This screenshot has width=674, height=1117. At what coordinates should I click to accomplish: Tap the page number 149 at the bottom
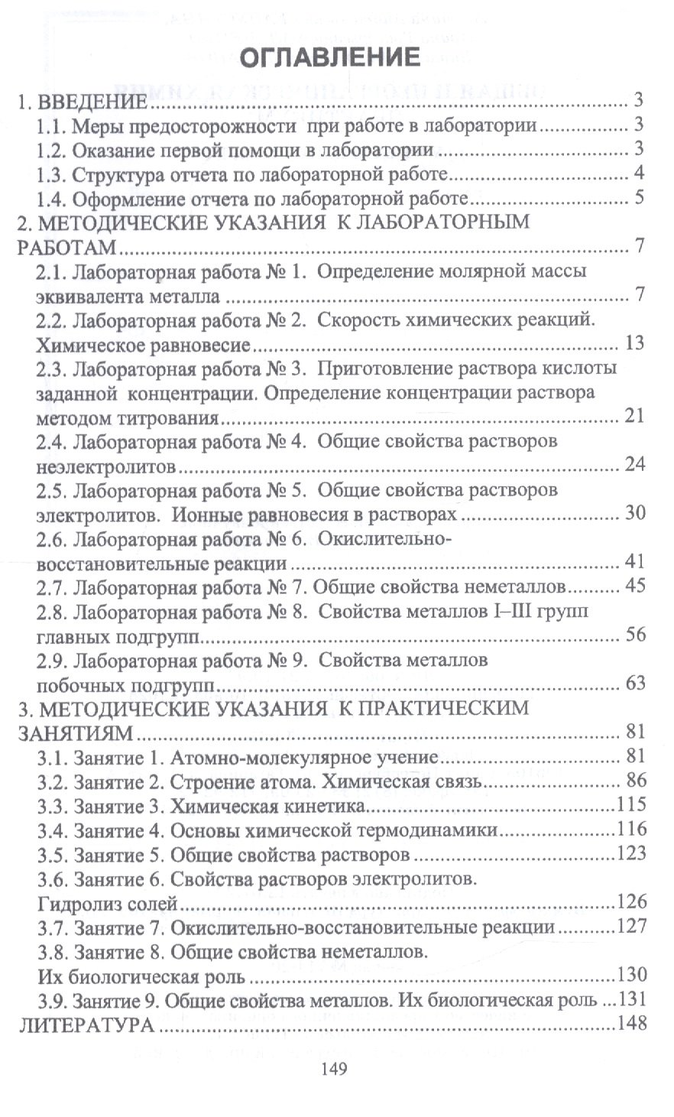click(x=334, y=1068)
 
